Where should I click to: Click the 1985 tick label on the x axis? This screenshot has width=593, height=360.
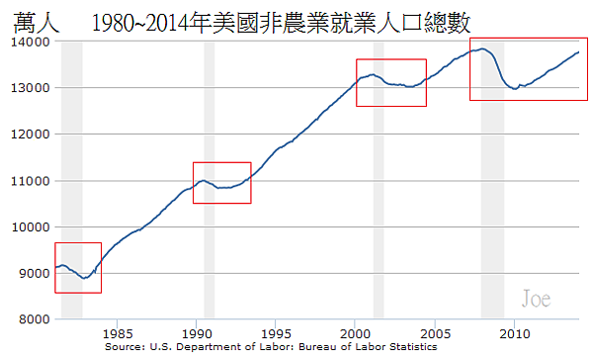pyautogui.click(x=118, y=333)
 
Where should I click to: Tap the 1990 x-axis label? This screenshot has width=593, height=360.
pyautogui.click(x=197, y=333)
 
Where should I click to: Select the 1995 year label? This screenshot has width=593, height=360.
pyautogui.click(x=276, y=333)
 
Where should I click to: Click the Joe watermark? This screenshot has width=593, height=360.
pyautogui.click(x=536, y=298)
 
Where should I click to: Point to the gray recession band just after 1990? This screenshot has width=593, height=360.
pyautogui.click(x=209, y=247)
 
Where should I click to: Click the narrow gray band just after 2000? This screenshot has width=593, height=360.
pyautogui.click(x=379, y=247)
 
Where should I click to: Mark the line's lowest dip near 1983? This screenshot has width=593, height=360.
pyautogui.click(x=85, y=278)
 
